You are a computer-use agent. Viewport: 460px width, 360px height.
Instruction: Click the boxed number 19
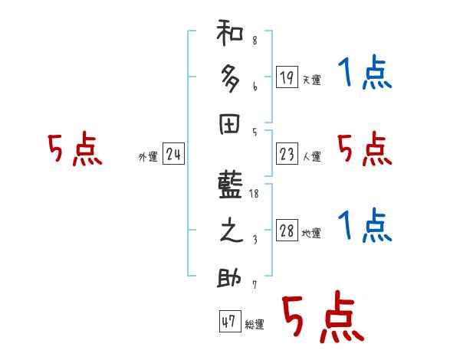point(287,77)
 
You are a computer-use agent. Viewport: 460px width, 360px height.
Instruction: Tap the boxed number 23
point(287,155)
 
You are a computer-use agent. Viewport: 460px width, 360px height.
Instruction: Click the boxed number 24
point(173,155)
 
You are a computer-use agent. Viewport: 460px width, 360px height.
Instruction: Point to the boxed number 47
point(228,322)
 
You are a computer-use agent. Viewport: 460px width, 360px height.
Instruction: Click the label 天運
point(312,80)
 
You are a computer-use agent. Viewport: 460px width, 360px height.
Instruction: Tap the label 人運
point(312,157)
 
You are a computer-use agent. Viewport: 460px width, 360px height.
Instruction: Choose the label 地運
point(312,234)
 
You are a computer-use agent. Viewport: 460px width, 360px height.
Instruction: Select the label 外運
point(148,157)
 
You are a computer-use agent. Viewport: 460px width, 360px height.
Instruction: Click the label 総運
point(255,325)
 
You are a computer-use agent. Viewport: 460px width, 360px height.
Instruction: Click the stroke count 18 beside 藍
point(255,195)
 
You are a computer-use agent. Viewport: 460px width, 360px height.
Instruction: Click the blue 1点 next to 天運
point(364,74)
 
